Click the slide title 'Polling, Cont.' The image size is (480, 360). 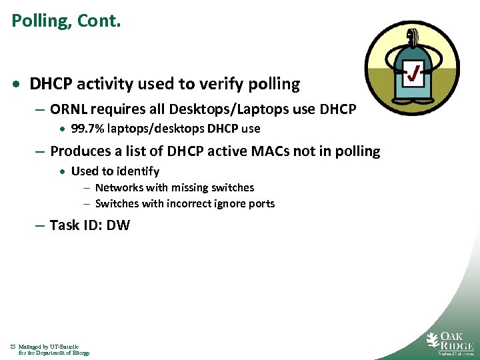point(66,21)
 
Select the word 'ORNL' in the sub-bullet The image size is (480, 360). point(68,109)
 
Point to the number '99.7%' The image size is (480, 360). point(86,129)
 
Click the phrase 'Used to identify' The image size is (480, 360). point(115,171)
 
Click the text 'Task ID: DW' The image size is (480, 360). point(89,225)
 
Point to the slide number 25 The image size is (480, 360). point(13,347)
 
